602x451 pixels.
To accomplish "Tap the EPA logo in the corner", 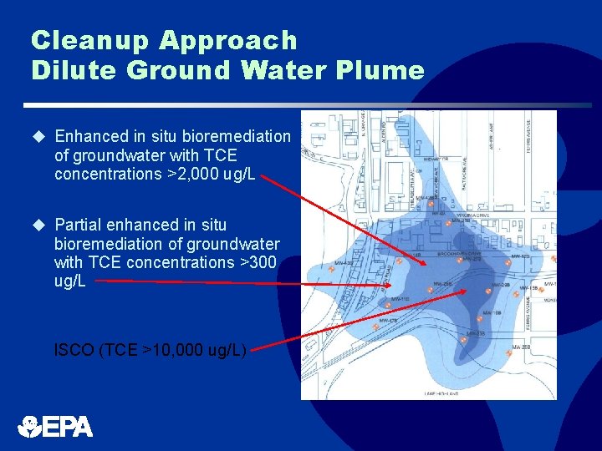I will click(55, 426).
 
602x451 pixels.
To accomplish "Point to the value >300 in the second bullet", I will click(258, 262).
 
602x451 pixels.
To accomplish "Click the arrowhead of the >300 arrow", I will click(390, 284).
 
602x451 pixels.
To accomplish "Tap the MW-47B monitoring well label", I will click(388, 320).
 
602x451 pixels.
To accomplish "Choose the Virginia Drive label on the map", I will click(451, 215).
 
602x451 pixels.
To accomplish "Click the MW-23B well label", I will click(476, 334).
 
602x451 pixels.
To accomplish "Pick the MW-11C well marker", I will click(400, 299).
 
